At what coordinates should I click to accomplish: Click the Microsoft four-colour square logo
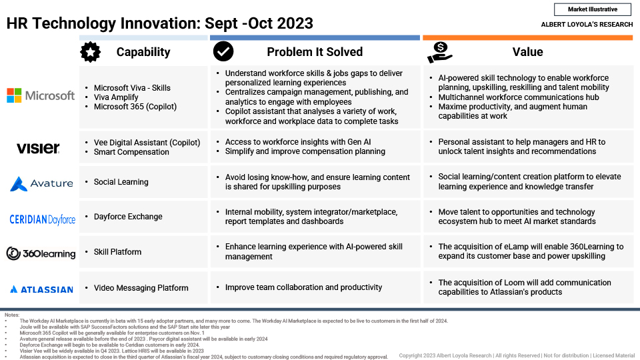(14, 95)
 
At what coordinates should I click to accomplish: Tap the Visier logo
(38, 148)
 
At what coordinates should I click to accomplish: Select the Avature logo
(41, 184)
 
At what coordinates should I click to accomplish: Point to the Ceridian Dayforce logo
(43, 219)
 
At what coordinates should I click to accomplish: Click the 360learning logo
(41, 253)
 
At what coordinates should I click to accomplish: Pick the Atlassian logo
(41, 289)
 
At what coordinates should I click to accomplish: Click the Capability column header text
(143, 52)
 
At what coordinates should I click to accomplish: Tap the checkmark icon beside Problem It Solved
(223, 51)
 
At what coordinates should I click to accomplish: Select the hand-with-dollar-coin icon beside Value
(439, 52)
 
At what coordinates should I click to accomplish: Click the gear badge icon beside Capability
(90, 52)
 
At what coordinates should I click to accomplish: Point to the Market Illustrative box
(593, 9)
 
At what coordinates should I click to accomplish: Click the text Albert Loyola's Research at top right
(587, 25)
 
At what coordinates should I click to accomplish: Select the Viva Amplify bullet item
(116, 97)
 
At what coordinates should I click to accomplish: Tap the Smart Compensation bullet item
(131, 152)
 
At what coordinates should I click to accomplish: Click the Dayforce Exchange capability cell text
(128, 216)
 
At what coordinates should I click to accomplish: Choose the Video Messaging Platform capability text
(141, 288)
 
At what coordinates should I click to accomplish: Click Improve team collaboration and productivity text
(304, 287)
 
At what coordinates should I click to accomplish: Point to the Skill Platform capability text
(117, 252)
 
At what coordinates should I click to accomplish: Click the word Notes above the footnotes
(12, 315)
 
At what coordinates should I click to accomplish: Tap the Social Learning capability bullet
(121, 182)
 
